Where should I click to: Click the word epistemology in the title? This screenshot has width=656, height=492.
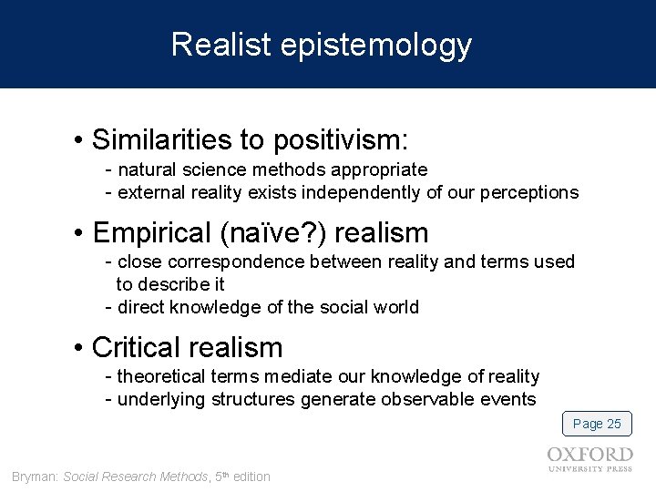coord(376,46)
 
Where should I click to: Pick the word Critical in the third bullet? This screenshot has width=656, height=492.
coord(137,347)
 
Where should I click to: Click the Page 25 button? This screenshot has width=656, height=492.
coord(597,424)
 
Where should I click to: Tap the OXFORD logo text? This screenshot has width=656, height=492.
coord(590,455)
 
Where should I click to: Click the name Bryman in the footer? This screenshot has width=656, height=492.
coord(34,477)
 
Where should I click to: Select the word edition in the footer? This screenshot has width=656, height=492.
coord(251,477)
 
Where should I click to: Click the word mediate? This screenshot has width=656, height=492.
coord(377,376)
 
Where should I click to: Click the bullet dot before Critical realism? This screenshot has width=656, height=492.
coord(80,348)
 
